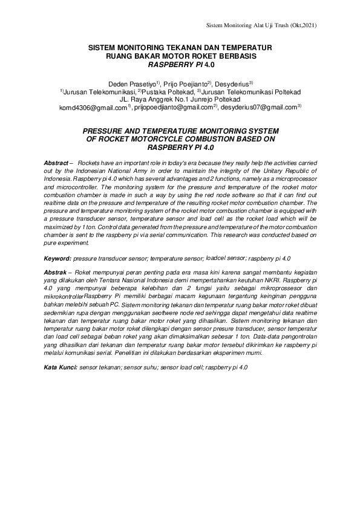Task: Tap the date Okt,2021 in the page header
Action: click(301, 25)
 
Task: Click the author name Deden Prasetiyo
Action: click(132, 82)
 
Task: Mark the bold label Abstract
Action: click(56, 164)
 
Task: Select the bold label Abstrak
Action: click(56, 273)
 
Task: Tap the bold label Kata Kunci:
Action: click(61, 368)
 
